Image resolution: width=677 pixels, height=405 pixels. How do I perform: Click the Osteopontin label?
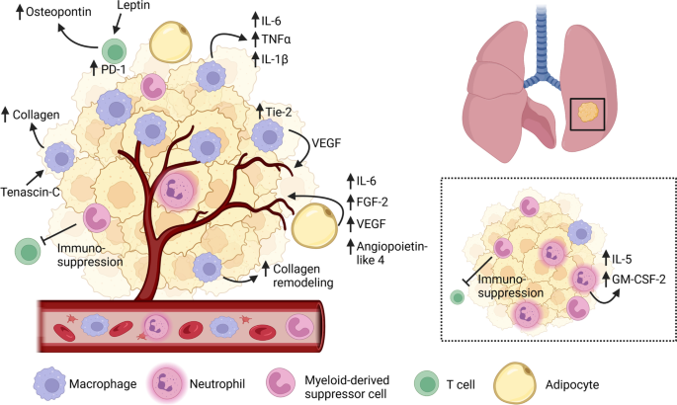(x=58, y=11)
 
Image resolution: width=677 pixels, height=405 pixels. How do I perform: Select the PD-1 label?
(x=114, y=68)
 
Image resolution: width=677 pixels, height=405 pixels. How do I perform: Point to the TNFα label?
(x=277, y=40)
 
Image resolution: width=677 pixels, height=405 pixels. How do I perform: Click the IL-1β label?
(x=275, y=58)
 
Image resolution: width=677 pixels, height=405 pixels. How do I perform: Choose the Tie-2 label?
(x=279, y=113)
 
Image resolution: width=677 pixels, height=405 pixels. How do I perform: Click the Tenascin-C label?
(x=31, y=192)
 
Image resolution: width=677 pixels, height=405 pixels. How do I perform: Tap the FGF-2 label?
(x=373, y=202)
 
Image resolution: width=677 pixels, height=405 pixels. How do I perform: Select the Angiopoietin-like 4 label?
(x=392, y=253)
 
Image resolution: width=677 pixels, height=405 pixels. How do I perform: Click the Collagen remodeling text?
(x=303, y=276)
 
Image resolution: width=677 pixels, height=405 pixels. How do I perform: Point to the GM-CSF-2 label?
(x=639, y=280)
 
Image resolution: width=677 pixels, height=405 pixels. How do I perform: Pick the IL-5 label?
(x=623, y=259)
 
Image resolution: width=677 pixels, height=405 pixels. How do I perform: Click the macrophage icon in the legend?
(x=49, y=384)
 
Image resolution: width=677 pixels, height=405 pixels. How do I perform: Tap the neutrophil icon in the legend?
(x=166, y=384)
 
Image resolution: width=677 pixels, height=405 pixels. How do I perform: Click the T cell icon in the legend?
(x=427, y=384)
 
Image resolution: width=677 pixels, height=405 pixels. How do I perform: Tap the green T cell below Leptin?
(x=115, y=51)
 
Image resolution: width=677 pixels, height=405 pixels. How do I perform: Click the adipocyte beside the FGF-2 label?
(x=314, y=226)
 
